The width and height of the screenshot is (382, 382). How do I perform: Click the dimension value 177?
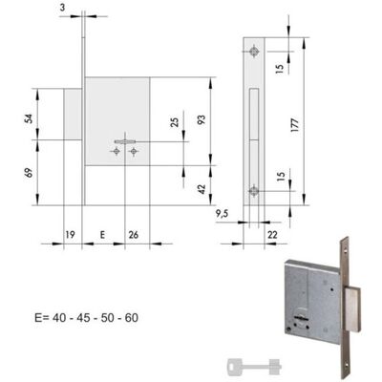pyautogui.click(x=295, y=125)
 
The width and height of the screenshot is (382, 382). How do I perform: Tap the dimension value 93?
pyautogui.click(x=202, y=119)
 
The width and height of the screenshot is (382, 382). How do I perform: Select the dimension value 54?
pyautogui.click(x=29, y=118)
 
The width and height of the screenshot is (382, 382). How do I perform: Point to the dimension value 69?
pyautogui.click(x=29, y=173)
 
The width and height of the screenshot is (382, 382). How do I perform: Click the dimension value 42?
pyautogui.click(x=202, y=189)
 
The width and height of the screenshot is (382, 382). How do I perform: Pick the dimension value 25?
pyautogui.click(x=175, y=122)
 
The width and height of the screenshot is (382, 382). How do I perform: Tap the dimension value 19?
pyautogui.click(x=70, y=235)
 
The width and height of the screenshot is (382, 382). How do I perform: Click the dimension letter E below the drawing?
pyautogui.click(x=102, y=235)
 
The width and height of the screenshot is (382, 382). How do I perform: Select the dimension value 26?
pyautogui.click(x=134, y=235)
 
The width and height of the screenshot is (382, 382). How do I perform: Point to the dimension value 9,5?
pyautogui.click(x=222, y=214)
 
